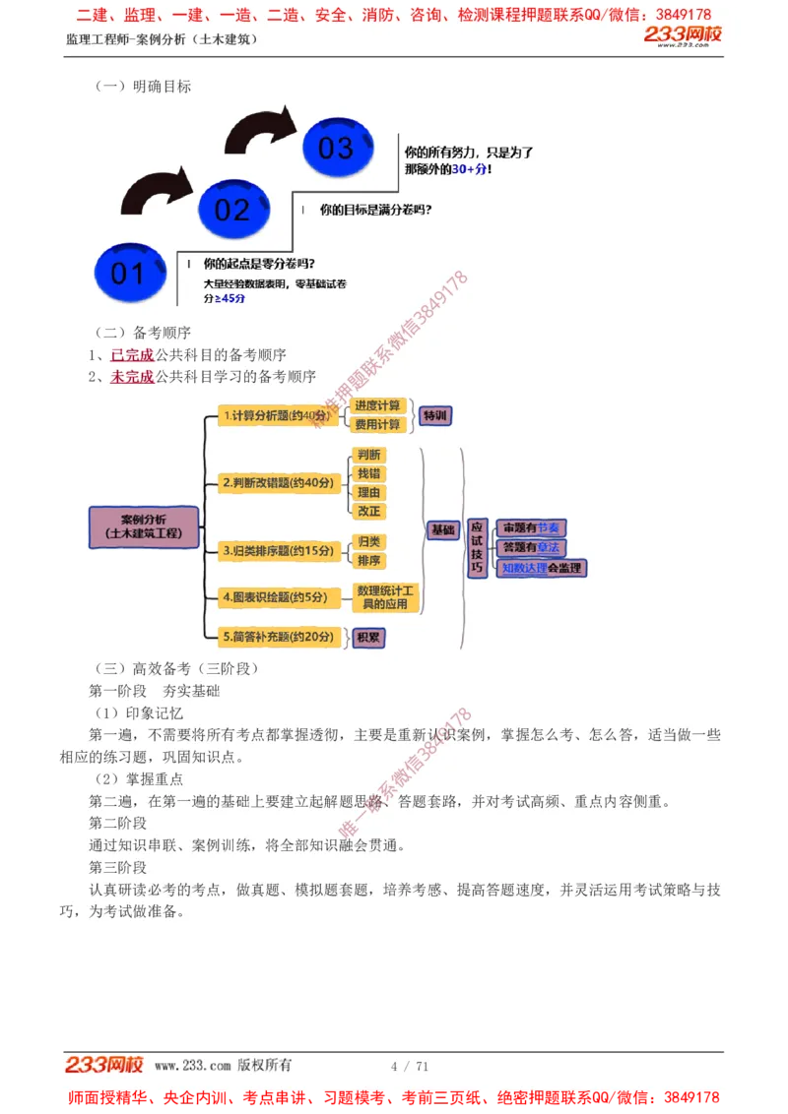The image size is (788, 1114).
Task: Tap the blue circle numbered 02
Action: coord(232,209)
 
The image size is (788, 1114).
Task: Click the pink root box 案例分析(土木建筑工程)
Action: coord(144,526)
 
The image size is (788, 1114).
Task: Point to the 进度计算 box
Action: coord(378,405)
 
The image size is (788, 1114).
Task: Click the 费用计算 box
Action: coord(378,424)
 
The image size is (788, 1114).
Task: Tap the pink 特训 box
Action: coord(434,415)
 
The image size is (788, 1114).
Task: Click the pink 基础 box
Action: coord(443,529)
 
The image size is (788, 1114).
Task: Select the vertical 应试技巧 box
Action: coord(477,548)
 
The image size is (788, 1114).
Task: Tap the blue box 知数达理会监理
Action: coord(541,568)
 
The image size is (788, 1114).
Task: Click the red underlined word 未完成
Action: coord(132,377)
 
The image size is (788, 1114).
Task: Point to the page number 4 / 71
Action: coord(410,1066)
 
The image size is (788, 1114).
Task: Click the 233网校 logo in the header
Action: coord(683,36)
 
